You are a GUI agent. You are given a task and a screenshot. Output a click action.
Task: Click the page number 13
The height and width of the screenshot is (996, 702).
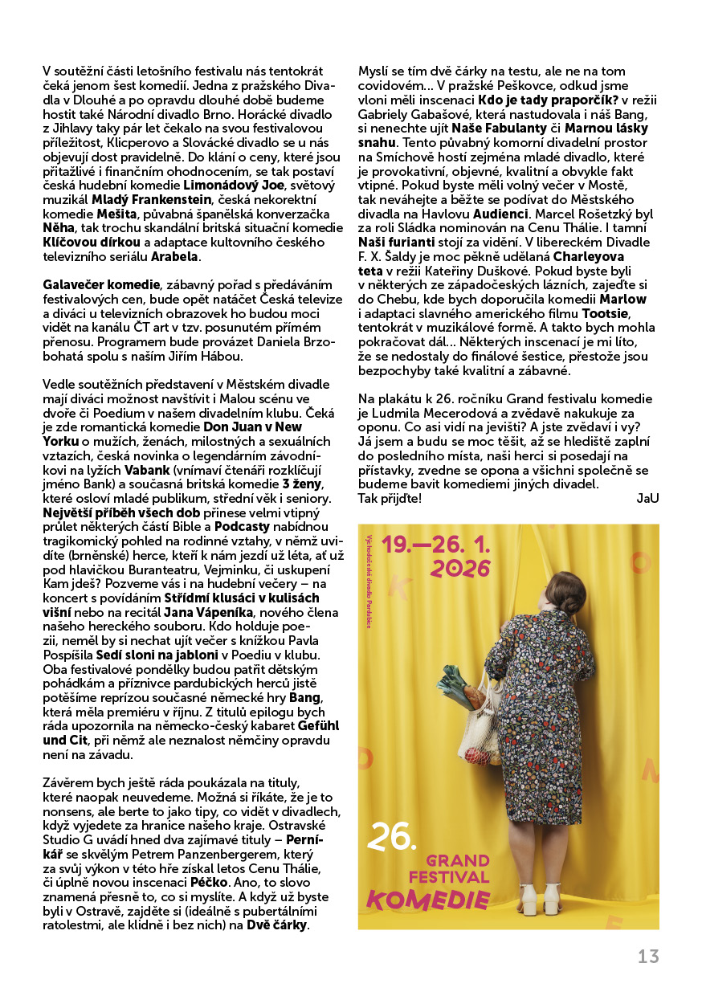click(648, 956)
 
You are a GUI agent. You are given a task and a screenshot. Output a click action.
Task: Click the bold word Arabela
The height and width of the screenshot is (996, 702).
click(176, 256)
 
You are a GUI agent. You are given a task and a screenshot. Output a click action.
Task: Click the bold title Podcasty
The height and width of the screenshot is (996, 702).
click(243, 525)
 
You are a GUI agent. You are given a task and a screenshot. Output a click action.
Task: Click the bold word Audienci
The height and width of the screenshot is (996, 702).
click(501, 214)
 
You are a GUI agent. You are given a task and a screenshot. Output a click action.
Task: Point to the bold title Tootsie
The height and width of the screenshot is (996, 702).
click(606, 313)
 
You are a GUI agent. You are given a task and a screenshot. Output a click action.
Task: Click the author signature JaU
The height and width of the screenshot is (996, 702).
click(647, 498)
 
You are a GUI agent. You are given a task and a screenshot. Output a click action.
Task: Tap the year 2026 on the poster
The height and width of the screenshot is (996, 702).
click(460, 569)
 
